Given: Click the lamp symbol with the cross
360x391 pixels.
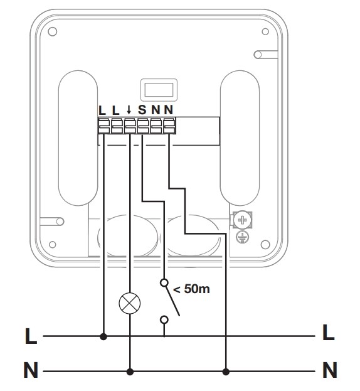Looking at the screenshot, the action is point(130,303).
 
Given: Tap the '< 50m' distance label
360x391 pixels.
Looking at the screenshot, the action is point(191,289).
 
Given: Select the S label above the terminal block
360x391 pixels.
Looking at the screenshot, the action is point(142,109).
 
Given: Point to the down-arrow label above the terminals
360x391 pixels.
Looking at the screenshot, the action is point(129,110).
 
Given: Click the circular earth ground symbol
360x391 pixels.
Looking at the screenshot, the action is point(243,237).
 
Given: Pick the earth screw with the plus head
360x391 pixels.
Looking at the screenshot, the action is point(242,220).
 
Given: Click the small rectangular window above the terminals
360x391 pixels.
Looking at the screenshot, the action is point(159,90).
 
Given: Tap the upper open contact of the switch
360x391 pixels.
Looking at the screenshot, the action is point(164,283).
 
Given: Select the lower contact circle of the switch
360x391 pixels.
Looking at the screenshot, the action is point(164,319).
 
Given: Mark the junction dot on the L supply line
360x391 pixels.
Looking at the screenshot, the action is point(103,336).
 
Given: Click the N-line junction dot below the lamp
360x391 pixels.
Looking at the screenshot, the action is point(130,372).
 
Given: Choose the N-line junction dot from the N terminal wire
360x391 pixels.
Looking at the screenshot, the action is point(226,372).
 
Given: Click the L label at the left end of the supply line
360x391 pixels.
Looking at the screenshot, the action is point(31,336).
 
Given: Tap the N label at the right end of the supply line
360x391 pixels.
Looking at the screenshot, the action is point(330,370).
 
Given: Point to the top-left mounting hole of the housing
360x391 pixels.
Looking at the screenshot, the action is point(52,31).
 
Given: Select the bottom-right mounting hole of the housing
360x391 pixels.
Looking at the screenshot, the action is point(265,244).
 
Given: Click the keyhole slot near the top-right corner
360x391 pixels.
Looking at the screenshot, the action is point(265,55).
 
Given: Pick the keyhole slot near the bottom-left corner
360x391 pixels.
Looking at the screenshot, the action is point(52,221).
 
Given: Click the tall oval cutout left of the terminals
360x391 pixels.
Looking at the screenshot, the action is point(78,138).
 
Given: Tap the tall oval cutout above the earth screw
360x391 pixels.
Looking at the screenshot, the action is point(240,138).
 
